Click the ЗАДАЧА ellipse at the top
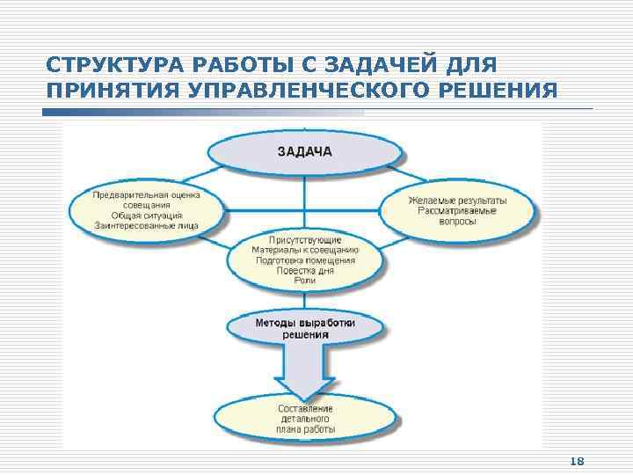(x=305, y=151)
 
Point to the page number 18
(x=578, y=461)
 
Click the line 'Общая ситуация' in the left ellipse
(x=147, y=216)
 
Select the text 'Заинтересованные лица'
(x=147, y=226)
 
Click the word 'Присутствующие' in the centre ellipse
(x=305, y=239)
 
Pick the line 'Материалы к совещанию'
(x=305, y=250)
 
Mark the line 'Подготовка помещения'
(x=305, y=260)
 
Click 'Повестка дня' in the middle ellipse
(x=305, y=270)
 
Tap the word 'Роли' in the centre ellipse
(x=305, y=281)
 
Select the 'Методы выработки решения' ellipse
(x=305, y=328)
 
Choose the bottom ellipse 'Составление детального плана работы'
(x=305, y=420)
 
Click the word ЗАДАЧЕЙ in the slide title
(x=382, y=66)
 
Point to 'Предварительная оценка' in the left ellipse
(x=147, y=194)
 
